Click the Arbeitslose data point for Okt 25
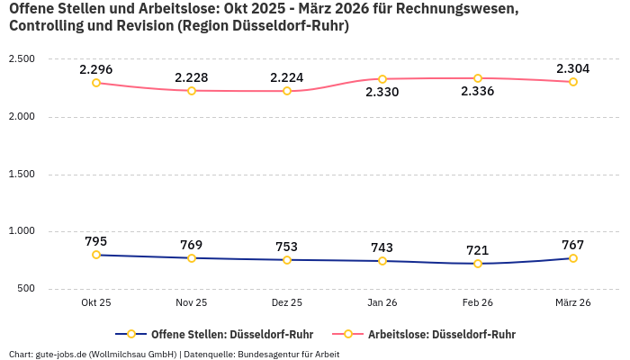[96, 83]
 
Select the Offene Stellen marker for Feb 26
[478, 264]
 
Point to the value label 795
[96, 241]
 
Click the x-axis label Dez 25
[287, 303]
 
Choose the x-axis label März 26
[573, 303]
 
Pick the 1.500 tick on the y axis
[22, 174]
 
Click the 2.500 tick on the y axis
[22, 58]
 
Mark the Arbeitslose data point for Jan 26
[382, 79]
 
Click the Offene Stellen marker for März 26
[573, 258]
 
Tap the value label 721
[478, 250]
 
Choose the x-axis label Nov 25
[192, 303]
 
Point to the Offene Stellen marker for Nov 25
[192, 258]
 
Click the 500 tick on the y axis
[25, 289]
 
